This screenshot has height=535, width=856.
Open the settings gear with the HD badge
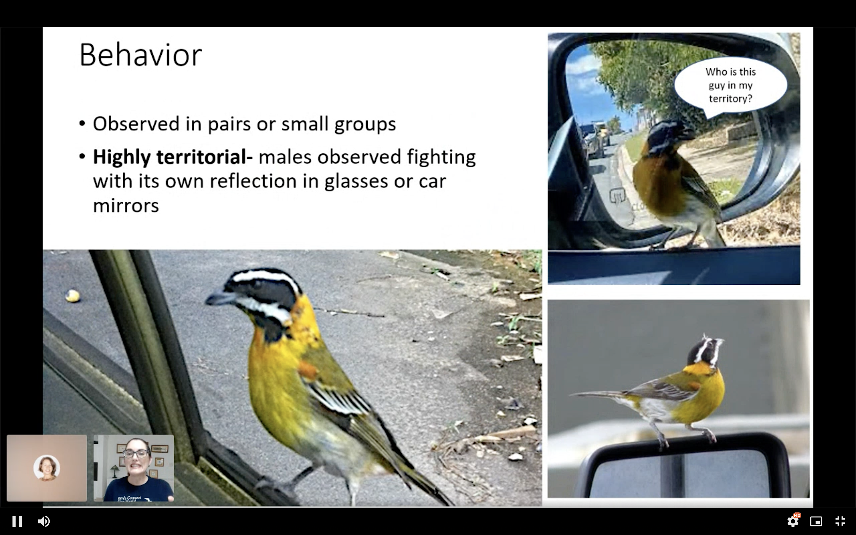[793, 521]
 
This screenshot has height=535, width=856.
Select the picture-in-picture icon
[816, 521]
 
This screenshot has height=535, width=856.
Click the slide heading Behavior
[140, 55]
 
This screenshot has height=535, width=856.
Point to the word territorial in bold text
[204, 157]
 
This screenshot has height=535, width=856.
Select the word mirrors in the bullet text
[126, 205]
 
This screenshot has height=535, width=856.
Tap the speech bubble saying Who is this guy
[731, 85]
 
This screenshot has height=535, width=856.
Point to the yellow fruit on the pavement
[73, 296]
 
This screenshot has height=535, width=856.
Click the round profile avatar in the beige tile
[47, 468]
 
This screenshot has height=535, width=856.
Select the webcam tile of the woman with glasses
[133, 468]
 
